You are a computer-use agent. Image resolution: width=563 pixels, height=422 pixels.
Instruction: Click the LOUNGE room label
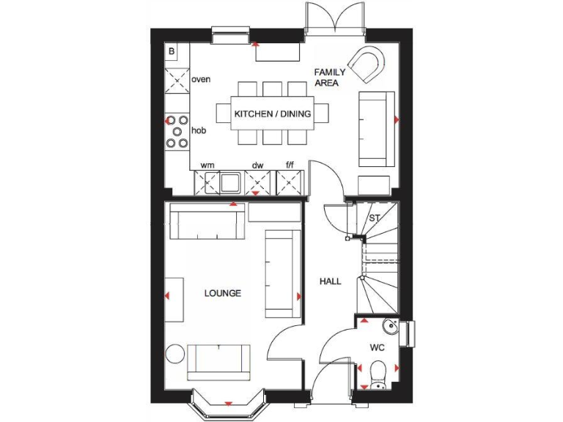[x=223, y=293]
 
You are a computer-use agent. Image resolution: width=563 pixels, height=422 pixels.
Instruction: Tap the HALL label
[x=330, y=281]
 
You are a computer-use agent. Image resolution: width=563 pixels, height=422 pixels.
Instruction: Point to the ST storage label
[x=375, y=218]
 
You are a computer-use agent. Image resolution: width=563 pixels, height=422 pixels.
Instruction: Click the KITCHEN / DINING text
[x=272, y=114]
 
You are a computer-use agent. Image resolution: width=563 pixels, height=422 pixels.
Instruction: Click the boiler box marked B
[x=172, y=51]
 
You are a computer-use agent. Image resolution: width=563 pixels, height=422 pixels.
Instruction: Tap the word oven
[x=202, y=78]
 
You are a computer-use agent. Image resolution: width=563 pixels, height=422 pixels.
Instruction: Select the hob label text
[x=198, y=130]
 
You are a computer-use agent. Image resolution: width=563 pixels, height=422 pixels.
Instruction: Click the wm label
[x=207, y=166]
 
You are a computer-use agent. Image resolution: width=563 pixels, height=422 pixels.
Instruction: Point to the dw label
[x=257, y=166]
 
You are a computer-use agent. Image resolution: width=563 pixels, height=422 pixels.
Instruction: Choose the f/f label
[x=290, y=166]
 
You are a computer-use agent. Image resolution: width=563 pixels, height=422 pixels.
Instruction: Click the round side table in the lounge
[x=174, y=354]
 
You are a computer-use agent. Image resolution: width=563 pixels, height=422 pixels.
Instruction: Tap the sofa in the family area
[x=376, y=129]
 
